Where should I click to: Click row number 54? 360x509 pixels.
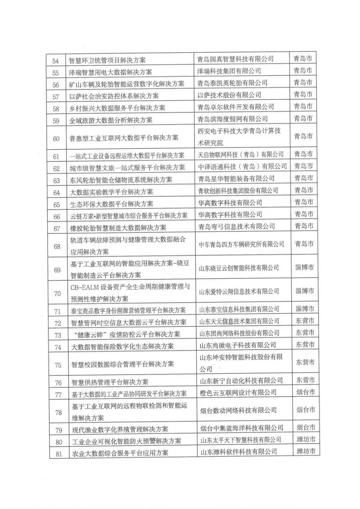click(55, 61)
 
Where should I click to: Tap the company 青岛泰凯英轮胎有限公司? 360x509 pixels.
click(232, 83)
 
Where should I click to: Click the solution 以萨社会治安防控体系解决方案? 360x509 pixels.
click(114, 96)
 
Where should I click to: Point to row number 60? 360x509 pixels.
click(56, 139)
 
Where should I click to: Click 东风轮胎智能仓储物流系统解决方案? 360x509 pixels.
click(121, 180)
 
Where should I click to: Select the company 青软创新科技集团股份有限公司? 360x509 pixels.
click(238, 190)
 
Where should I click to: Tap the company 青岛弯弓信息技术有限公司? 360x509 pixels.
click(236, 226)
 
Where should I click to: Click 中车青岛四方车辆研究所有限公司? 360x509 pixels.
click(241, 244)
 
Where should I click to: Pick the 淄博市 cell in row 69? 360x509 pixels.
click(304, 267)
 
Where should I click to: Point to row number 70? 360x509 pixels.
click(57, 293)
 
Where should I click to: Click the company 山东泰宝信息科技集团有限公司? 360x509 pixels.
click(239, 309)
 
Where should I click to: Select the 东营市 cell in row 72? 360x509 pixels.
click(305, 321)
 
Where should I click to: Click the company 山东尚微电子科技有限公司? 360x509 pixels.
click(237, 345)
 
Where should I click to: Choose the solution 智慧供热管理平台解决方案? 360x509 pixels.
click(110, 382)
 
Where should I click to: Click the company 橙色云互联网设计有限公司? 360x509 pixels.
click(238, 392)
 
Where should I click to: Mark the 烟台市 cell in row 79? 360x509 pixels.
click(306, 428)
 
